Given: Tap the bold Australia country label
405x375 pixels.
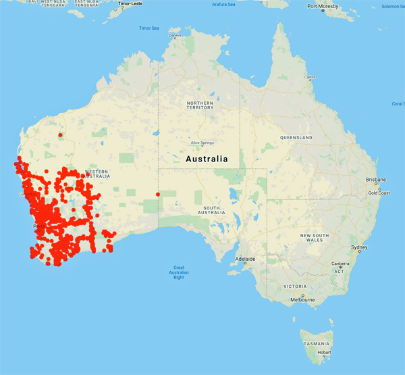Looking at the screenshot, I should [207, 159].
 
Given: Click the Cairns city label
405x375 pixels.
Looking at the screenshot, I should [310, 77].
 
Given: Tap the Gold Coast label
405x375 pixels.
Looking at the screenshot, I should [379, 193].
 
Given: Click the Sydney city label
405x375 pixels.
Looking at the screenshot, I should [359, 248].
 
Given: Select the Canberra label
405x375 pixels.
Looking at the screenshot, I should [340, 264].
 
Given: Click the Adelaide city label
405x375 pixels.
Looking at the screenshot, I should [245, 259].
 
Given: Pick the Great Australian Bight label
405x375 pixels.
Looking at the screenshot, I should [179, 272].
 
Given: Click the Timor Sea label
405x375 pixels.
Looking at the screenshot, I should [149, 28].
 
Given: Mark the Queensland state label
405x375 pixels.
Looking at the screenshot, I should [296, 137].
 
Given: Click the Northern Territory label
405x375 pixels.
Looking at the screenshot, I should [200, 105].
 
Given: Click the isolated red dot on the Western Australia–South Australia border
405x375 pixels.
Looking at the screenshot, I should [158, 195].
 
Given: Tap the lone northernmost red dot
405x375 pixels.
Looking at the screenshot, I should [60, 134].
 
